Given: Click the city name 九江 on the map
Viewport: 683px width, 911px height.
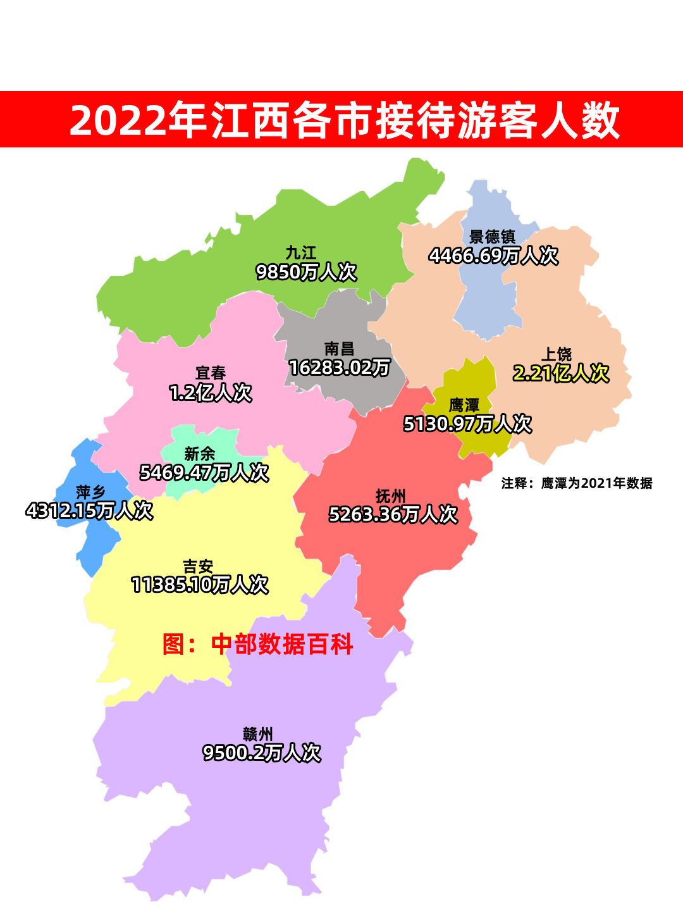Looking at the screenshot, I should (x=300, y=253).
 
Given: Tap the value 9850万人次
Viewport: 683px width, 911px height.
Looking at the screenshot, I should (x=306, y=272).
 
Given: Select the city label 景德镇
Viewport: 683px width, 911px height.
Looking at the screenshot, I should (x=492, y=237).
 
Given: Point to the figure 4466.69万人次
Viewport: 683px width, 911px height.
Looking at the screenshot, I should (x=493, y=256).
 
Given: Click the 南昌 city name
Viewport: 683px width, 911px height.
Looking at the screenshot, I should (x=339, y=349).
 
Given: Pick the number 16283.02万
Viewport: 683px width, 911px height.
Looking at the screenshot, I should (x=339, y=368).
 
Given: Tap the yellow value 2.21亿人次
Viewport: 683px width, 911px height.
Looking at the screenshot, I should (x=561, y=373).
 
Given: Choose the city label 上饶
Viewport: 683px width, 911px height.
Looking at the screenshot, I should (x=557, y=354).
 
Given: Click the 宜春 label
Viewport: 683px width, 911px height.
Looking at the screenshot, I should (x=211, y=373).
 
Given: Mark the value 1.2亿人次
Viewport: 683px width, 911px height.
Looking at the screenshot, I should (x=211, y=393).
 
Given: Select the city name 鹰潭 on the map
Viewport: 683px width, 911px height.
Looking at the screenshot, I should (x=464, y=405).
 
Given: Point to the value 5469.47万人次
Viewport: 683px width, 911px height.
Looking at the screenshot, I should (x=204, y=473).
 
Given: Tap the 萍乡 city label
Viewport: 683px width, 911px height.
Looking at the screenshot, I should (x=90, y=492).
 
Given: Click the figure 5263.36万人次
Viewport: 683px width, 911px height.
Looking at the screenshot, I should (x=393, y=514).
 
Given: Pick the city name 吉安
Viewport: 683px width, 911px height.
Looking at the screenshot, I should (x=198, y=566).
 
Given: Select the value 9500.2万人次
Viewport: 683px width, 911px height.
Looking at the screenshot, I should (x=262, y=753).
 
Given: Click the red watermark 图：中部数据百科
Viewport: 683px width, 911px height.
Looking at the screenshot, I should (x=257, y=644).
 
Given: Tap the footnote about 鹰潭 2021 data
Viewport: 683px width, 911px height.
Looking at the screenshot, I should (x=576, y=483).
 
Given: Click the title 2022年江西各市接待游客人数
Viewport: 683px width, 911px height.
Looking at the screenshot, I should (x=344, y=120).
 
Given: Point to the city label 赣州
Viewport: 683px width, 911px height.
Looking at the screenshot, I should (x=258, y=734).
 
